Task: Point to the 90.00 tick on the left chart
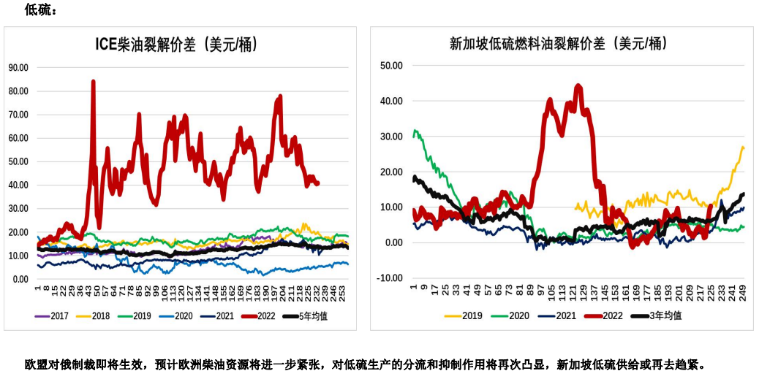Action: pyautogui.click(x=18, y=67)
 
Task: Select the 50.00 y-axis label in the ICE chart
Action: pyautogui.click(x=18, y=161)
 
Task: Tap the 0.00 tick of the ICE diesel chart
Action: pyautogui.click(x=20, y=279)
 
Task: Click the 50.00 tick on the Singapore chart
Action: pyautogui.click(x=392, y=66)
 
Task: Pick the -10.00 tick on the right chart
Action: pyautogui.click(x=390, y=278)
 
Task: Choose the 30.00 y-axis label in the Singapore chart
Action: pyautogui.click(x=392, y=137)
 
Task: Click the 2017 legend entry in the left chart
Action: pyautogui.click(x=56, y=315)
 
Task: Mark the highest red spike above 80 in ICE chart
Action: pyautogui.click(x=93, y=82)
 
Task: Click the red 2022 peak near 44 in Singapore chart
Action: pyautogui.click(x=578, y=86)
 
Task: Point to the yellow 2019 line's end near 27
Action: pyautogui.click(x=743, y=148)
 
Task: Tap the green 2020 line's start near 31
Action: pyautogui.click(x=415, y=132)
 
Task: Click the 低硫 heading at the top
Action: pyautogui.click(x=39, y=10)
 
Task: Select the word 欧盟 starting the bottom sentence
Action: pyautogui.click(x=35, y=364)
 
